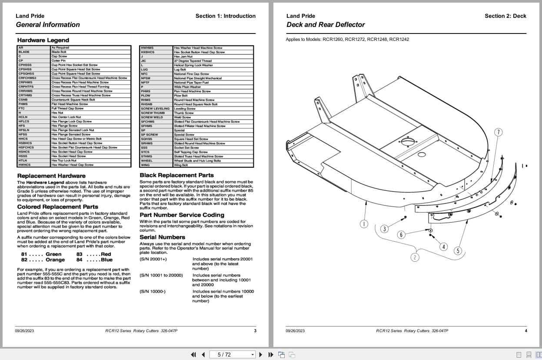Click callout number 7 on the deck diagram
pyautogui.click(x=499, y=132)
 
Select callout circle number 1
pyautogui.click(x=364, y=224)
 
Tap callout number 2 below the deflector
pyautogui.click(x=415, y=257)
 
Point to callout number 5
pyautogui.click(x=457, y=251)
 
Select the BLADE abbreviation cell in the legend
pyautogui.click(x=24, y=52)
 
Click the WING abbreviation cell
pyautogui.click(x=145, y=165)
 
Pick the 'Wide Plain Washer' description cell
pyautogui.click(x=187, y=87)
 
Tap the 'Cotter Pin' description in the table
pyautogui.click(x=58, y=61)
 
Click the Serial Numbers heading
pyautogui.click(x=162, y=237)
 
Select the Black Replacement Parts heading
pyautogui.click(x=176, y=175)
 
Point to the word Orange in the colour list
pyautogui.click(x=55, y=260)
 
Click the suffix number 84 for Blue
pyautogui.click(x=80, y=260)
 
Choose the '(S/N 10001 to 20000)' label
pyautogui.click(x=161, y=275)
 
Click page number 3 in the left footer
pyautogui.click(x=255, y=331)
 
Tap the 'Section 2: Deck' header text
pyautogui.click(x=505, y=16)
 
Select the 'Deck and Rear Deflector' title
pyautogui.click(x=326, y=25)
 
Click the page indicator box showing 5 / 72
pyautogui.click(x=233, y=355)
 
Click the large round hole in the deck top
pyautogui.click(x=408, y=142)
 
